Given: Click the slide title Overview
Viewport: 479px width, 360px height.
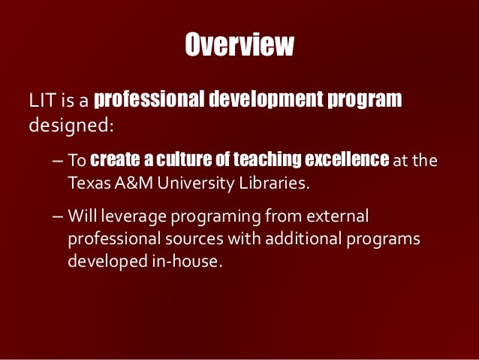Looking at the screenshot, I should tap(239, 46).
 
